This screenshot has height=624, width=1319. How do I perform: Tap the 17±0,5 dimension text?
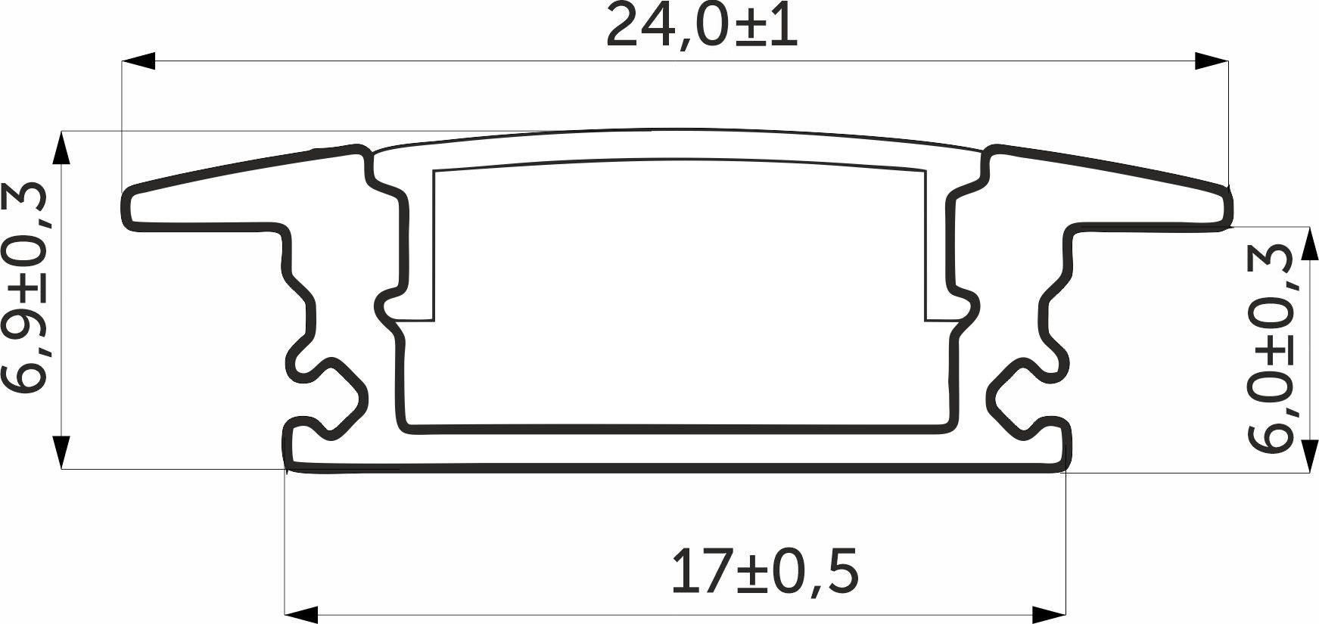pyautogui.click(x=765, y=573)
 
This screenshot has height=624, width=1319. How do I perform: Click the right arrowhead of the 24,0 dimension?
pyautogui.click(x=1211, y=61)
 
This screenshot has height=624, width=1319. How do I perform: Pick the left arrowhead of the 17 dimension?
pyautogui.click(x=300, y=613)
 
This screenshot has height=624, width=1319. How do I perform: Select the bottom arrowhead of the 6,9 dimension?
pyautogui.click(x=62, y=452)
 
